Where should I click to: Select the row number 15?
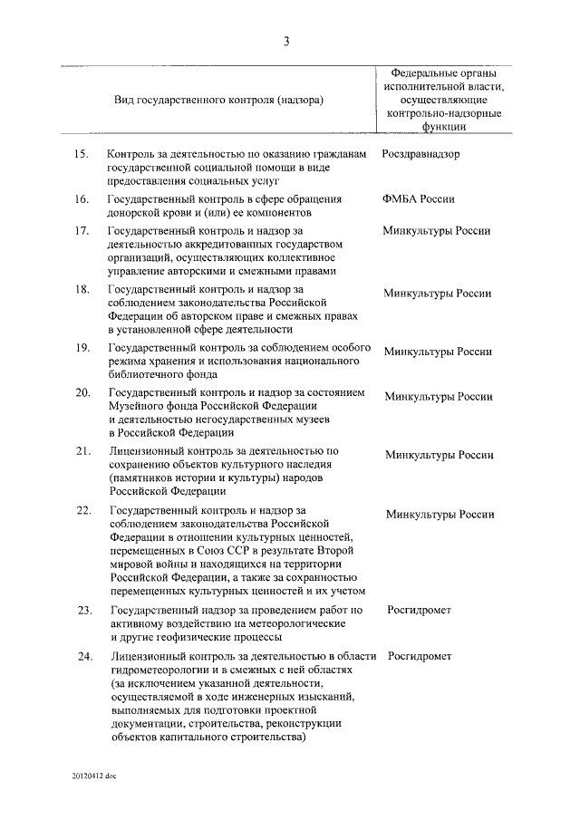click(x=80, y=154)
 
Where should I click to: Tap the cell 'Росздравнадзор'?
click(x=420, y=154)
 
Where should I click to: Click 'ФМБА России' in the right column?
click(x=419, y=199)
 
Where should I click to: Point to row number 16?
click(x=80, y=199)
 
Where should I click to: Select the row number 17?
click(x=80, y=231)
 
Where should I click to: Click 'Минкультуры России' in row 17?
click(x=438, y=231)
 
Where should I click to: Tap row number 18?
click(x=80, y=289)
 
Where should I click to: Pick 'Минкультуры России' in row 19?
click(x=439, y=352)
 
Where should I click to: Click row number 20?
click(x=81, y=393)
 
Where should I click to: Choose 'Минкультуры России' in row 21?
click(x=440, y=455)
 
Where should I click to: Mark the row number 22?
click(x=82, y=511)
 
